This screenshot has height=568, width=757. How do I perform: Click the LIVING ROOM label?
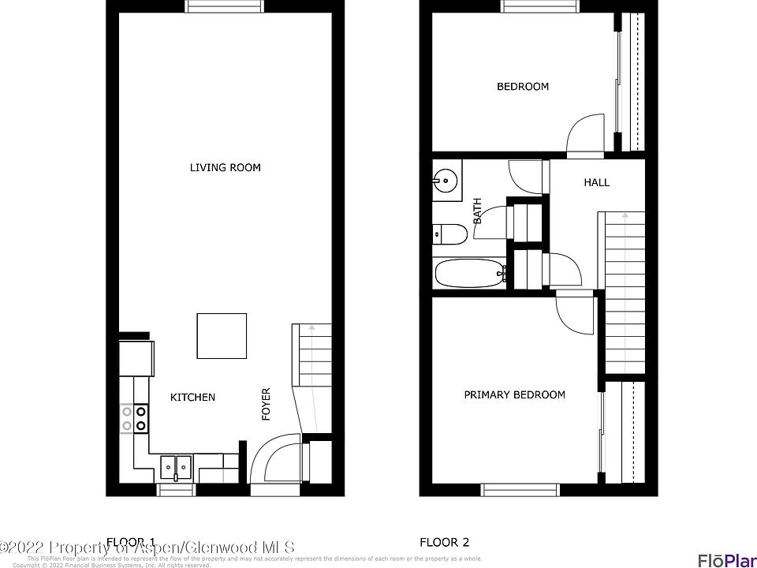click(225, 167)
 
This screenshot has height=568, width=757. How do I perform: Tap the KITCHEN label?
click(192, 397)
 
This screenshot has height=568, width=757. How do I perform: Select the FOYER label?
click(267, 403)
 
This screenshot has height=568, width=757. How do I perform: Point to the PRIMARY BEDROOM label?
click(514, 394)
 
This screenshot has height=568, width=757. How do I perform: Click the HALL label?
click(596, 182)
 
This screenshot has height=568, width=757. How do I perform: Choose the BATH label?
click(477, 211)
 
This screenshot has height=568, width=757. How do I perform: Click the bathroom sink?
click(446, 180)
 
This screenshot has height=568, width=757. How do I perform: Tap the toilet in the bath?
click(449, 234)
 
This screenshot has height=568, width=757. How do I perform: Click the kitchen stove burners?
click(133, 417)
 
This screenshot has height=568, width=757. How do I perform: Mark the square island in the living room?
click(222, 336)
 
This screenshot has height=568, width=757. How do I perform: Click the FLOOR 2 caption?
click(444, 542)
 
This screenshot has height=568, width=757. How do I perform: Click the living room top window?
click(225, 6)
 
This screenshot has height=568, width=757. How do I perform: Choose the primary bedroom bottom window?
click(520, 490)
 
